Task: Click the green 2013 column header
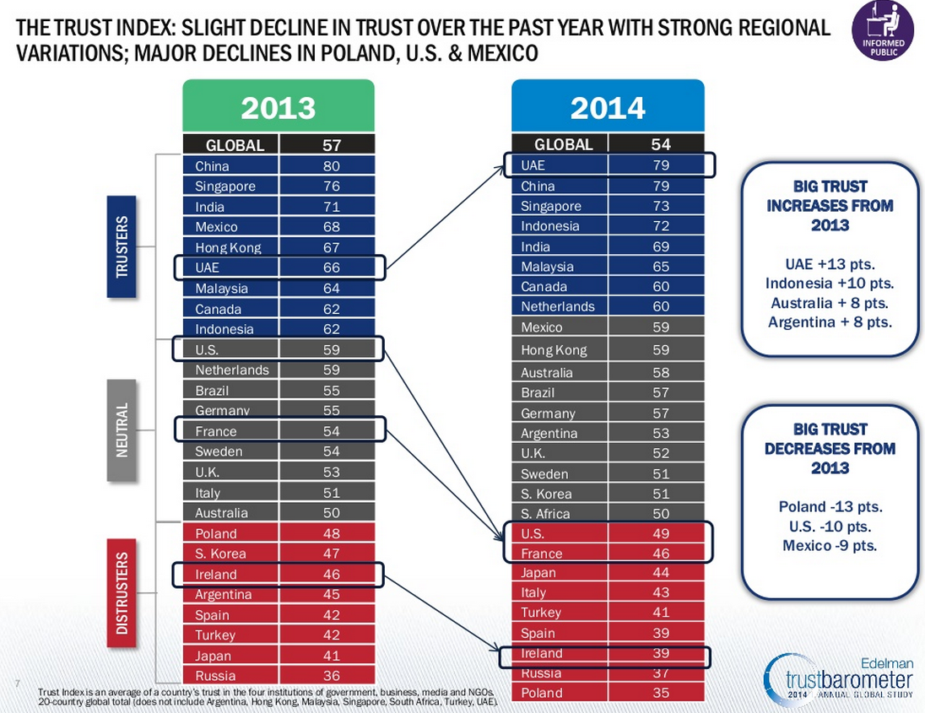[278, 108]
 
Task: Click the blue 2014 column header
[608, 108]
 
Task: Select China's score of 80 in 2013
[331, 166]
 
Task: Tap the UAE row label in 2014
[533, 165]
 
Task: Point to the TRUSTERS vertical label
[123, 246]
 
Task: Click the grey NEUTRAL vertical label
[123, 429]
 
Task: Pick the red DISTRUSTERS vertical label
[123, 592]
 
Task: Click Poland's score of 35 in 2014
[660, 693]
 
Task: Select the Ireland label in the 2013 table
[216, 575]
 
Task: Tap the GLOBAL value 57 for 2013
[331, 145]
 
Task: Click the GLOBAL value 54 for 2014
[660, 144]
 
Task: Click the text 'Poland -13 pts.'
[830, 507]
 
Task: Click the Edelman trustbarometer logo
[839, 676]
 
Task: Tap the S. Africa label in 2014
[545, 514]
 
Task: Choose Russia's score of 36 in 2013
[331, 676]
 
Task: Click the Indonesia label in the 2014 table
[550, 226]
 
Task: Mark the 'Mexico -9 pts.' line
[830, 546]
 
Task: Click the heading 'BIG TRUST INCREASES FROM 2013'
[830, 206]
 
